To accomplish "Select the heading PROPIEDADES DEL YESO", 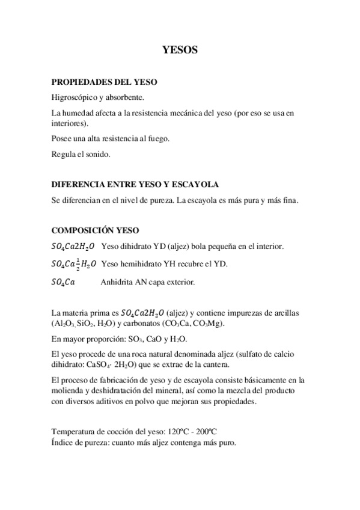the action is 105,81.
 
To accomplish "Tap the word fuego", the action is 159,138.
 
